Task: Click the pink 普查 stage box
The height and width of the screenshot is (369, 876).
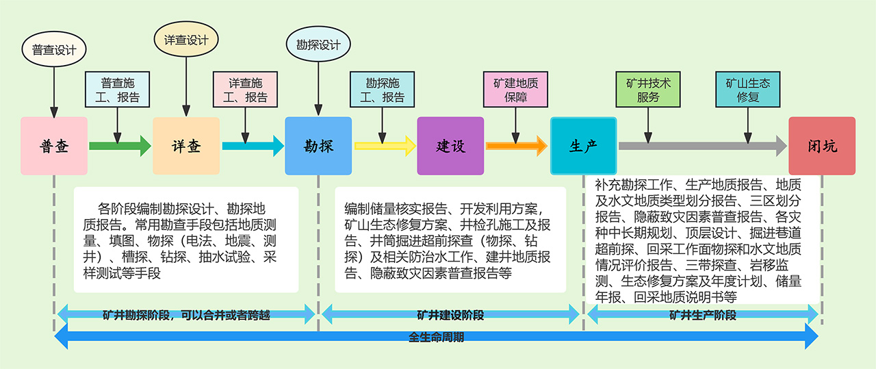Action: (54, 146)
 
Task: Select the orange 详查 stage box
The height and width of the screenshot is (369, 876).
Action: (186, 146)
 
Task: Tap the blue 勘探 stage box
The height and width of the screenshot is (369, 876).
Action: (318, 146)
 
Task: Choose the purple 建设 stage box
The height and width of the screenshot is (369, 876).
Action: (450, 146)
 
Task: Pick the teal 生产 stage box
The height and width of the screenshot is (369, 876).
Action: (583, 146)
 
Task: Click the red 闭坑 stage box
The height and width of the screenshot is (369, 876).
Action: (822, 146)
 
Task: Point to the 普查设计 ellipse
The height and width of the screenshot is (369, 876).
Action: (54, 50)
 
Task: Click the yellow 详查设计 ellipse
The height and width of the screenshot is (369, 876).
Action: (186, 40)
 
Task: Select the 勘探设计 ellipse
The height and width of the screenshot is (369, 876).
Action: (318, 45)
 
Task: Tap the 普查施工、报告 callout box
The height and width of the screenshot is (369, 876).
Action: (120, 90)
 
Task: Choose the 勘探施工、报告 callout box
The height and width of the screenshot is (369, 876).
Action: (383, 90)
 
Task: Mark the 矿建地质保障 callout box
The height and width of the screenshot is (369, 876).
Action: (516, 90)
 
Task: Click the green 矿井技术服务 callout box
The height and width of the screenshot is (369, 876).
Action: (648, 90)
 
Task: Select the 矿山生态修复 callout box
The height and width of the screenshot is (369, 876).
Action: (748, 90)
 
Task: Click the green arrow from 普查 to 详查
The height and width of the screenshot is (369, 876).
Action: (120, 146)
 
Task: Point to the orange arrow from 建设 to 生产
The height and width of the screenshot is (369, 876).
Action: (516, 146)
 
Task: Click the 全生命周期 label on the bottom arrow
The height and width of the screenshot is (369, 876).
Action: (436, 337)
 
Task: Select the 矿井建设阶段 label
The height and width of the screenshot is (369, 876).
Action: (450, 315)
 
